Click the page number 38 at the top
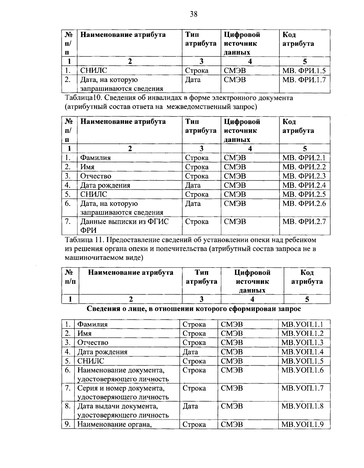pos(194,14)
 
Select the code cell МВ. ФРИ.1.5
pos(304,71)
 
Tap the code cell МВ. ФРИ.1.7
pos(304,80)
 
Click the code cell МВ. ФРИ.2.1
pos(304,158)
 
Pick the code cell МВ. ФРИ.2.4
pos(304,185)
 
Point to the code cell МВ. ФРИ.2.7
pos(304,222)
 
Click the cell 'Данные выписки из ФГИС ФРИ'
pos(124,226)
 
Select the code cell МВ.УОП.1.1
pos(302,325)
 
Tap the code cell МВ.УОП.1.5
pos(302,361)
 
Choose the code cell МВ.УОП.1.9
pos(302,424)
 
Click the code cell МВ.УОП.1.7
pos(302,388)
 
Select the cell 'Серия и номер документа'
pos(121,388)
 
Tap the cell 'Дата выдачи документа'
pos(118,406)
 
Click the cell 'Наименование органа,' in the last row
pos(115,424)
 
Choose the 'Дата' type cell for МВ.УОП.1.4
pos(190,352)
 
